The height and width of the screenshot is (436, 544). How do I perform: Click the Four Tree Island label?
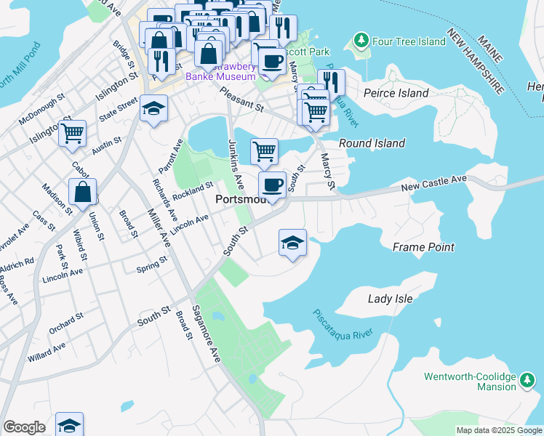pyautogui.click(x=408, y=41)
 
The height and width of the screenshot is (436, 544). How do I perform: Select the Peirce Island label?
pyautogui.click(x=395, y=93)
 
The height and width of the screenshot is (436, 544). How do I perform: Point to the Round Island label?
pyautogui.click(x=372, y=143)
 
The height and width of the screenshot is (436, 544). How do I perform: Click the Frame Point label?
pyautogui.click(x=423, y=247)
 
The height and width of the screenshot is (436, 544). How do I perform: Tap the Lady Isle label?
pyautogui.click(x=390, y=299)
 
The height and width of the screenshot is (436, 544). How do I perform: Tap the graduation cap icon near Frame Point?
pyautogui.click(x=292, y=242)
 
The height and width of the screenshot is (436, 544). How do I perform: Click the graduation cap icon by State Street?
pyautogui.click(x=153, y=108)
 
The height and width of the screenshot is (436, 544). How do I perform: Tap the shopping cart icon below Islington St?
pyautogui.click(x=73, y=133)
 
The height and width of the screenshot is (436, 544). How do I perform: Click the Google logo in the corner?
pyautogui.click(x=24, y=427)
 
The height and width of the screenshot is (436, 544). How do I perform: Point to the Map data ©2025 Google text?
pyautogui.click(x=498, y=430)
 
